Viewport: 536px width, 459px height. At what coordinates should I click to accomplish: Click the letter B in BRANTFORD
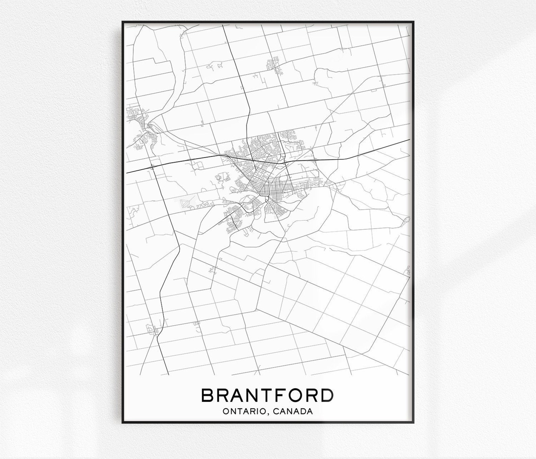point(208,395)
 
